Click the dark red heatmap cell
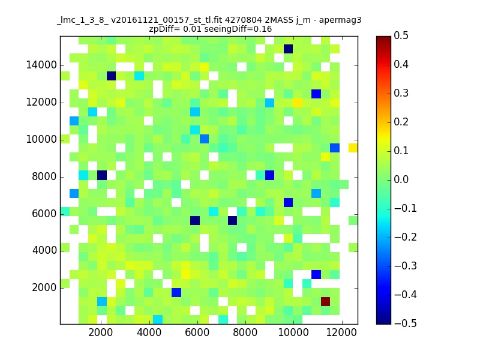pos(325,301)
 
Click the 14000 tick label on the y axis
pos(41,65)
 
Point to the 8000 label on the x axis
pos(245,332)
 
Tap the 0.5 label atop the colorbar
pos(401,35)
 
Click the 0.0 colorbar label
pos(401,179)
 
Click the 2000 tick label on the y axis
pos(44,287)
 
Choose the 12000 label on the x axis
pos(341,332)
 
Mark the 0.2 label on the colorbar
pos(401,122)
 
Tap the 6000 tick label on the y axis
pos(44,214)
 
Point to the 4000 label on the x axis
pos(149,332)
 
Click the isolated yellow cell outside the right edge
pos(353,148)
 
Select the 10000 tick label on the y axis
pos(41,139)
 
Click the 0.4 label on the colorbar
pos(401,64)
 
